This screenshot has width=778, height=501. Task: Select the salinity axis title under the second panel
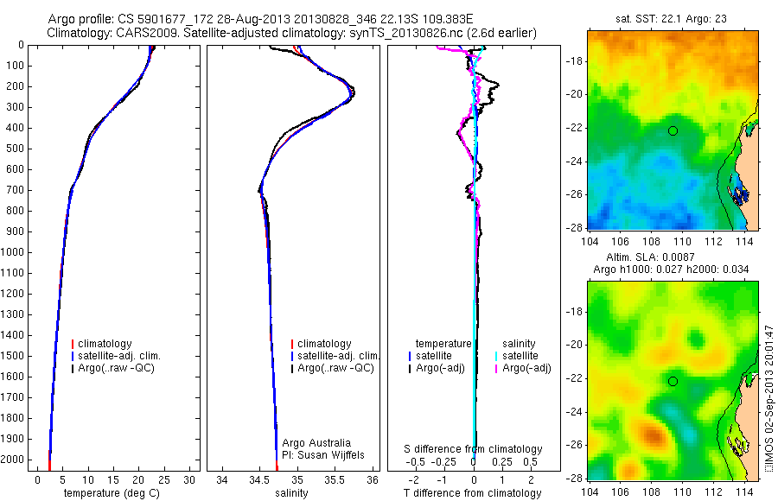pyautogui.click(x=290, y=493)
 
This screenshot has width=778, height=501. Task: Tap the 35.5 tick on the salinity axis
pyautogui.click(x=335, y=479)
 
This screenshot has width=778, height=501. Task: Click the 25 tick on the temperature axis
pyautogui.click(x=164, y=479)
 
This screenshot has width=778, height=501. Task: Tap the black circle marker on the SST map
pyautogui.click(x=673, y=130)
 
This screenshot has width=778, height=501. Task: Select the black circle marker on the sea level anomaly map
pyautogui.click(x=673, y=381)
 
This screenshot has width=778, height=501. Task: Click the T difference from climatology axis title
pyautogui.click(x=475, y=493)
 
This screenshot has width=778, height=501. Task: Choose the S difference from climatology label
pyautogui.click(x=474, y=449)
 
